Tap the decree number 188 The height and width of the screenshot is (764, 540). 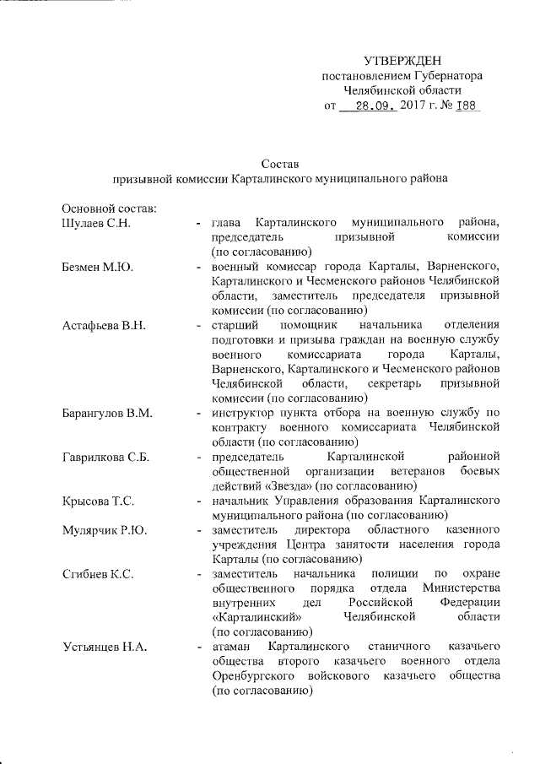(465, 106)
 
